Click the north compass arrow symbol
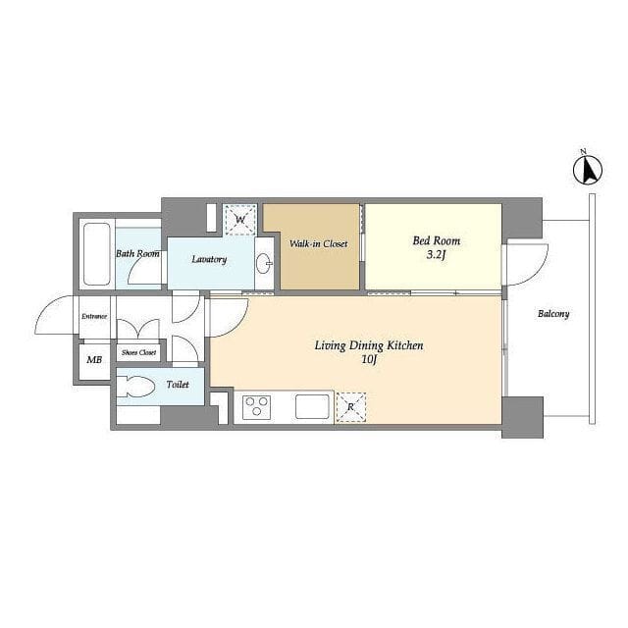(x=588, y=169)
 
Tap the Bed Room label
(x=436, y=240)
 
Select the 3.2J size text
(x=436, y=255)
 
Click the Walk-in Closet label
(x=318, y=243)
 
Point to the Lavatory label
(x=209, y=259)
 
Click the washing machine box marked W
(x=239, y=220)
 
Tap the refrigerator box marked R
(x=351, y=407)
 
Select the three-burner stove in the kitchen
(x=256, y=407)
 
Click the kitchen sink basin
(x=312, y=406)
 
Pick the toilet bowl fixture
(x=135, y=387)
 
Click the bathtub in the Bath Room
(x=96, y=254)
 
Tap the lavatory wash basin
(x=264, y=263)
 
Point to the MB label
(x=94, y=360)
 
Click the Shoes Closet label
(x=139, y=353)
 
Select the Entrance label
(x=94, y=316)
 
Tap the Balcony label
(x=553, y=314)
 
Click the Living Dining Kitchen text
(x=369, y=345)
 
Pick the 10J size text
(x=369, y=359)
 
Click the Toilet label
(x=178, y=385)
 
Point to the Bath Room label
(x=137, y=253)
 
